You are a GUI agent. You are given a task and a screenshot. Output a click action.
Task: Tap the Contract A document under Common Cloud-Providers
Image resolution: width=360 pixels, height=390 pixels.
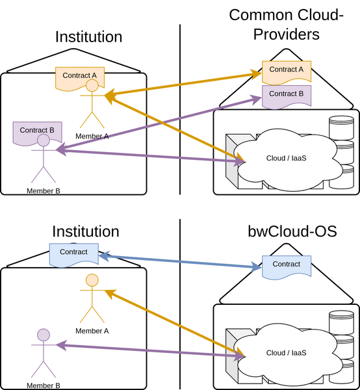point(287,70)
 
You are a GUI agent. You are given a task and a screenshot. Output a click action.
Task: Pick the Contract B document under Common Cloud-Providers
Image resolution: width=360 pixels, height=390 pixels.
point(287,94)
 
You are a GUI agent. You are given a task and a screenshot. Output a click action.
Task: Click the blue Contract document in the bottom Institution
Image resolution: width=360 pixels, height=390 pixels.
point(73,252)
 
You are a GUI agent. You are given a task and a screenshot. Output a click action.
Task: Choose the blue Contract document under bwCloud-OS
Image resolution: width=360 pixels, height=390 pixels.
point(287,265)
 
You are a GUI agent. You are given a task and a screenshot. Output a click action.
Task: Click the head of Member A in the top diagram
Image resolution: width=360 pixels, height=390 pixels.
point(92,86)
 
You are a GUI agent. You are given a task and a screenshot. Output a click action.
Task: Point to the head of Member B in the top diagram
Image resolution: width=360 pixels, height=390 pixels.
point(44,140)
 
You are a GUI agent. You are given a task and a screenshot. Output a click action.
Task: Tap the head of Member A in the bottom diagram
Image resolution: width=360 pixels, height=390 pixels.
point(92,281)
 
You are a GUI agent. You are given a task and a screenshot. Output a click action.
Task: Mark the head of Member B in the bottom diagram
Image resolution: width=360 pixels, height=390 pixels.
point(44,335)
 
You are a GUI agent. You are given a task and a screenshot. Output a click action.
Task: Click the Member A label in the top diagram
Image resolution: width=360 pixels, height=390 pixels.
point(92,136)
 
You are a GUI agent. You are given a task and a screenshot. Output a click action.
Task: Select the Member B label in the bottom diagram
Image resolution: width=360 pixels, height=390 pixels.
point(44,385)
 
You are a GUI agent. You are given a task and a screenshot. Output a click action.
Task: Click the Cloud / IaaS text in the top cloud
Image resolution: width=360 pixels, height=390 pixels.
point(286,158)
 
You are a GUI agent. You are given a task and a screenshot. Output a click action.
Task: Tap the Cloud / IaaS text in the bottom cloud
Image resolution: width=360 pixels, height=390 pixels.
point(286,352)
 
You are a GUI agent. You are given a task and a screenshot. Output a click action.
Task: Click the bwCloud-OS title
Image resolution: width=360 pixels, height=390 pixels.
point(292,231)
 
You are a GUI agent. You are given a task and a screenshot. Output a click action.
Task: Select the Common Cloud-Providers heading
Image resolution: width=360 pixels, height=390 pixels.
point(287,24)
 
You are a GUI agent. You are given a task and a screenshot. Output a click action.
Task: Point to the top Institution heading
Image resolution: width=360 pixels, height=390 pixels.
point(88,36)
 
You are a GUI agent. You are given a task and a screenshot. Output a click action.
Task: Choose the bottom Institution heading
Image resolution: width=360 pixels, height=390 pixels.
point(85,231)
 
